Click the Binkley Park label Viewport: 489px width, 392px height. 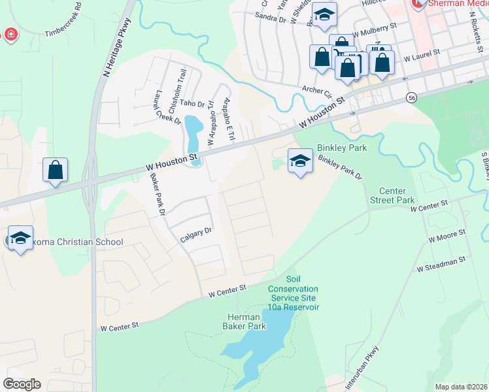pyautogui.click(x=342, y=148)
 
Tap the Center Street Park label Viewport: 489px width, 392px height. pyautogui.click(x=392, y=195)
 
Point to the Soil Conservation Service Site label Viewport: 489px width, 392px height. pyautogui.click(x=293, y=297)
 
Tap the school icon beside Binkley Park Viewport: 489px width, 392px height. pyautogui.click(x=300, y=161)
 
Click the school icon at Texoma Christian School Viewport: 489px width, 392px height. pyautogui.click(x=20, y=238)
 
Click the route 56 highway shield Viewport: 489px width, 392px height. pyautogui.click(x=411, y=97)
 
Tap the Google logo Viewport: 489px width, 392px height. pyautogui.click(x=22, y=384)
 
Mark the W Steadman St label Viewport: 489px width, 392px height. pyautogui.click(x=442, y=263)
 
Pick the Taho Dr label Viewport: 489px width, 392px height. pyautogui.click(x=192, y=104)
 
